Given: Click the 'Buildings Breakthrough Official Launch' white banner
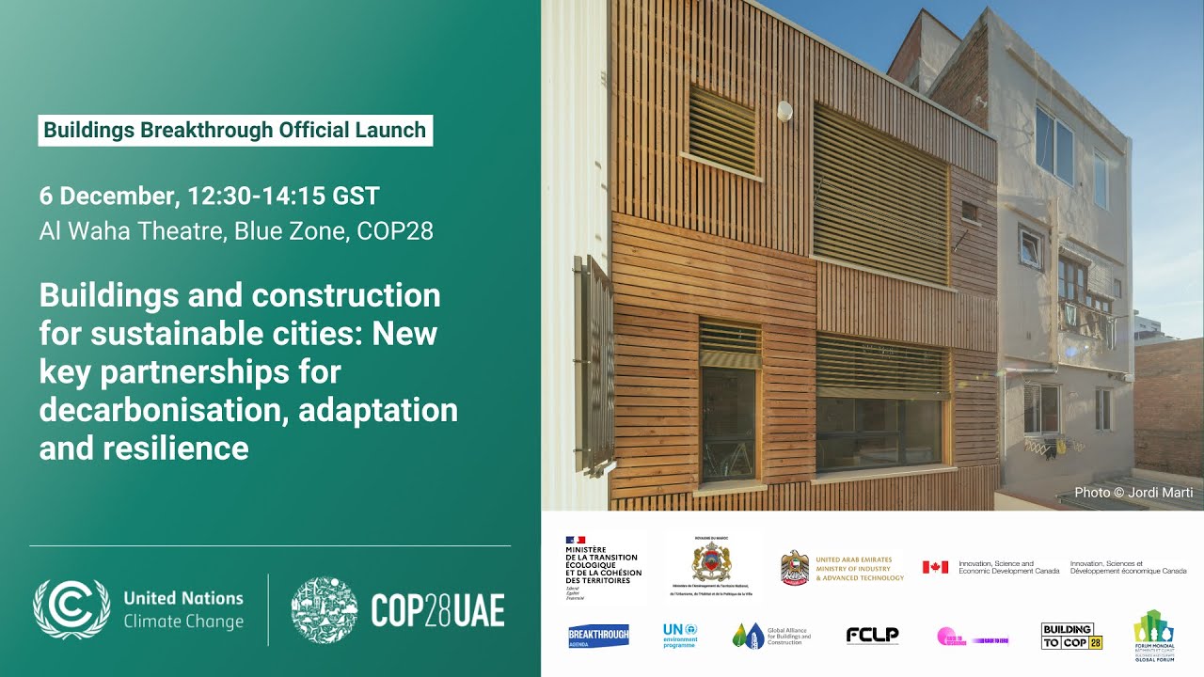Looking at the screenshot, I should coord(235,131).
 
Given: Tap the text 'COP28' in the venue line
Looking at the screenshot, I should coord(395,231).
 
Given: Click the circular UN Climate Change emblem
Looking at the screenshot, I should coord(71,609).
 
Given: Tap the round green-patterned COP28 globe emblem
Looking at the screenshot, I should coord(324,609).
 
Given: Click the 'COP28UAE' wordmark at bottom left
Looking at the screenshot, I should coord(437,610).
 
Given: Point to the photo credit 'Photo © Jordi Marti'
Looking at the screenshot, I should coord(1133,493).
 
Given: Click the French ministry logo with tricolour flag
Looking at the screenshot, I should coord(603,561).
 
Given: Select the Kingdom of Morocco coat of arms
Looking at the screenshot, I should coord(710,562).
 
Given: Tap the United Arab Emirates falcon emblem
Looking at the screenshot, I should coord(795,568).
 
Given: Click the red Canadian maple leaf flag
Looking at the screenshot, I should coord(935,567).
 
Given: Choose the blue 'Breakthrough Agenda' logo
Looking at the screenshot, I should coord(598,637).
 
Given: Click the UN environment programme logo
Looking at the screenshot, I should coord(679,636).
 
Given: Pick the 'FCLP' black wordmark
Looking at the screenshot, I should coord(872,636).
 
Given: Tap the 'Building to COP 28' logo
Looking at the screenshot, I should coord(1070,637).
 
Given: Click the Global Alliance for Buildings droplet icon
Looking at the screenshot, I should coord(748,637).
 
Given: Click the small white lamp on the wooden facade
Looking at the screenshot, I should coord(784,111).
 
